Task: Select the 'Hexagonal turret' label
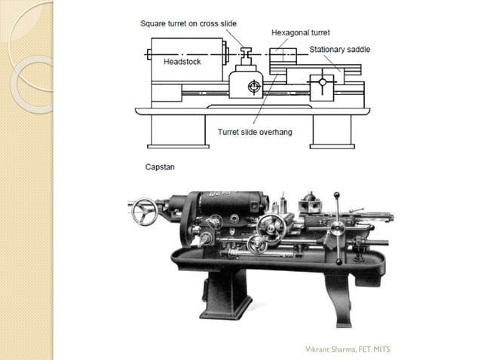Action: (300, 33)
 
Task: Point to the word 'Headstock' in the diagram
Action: (182, 62)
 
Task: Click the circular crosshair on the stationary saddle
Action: (323, 81)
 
